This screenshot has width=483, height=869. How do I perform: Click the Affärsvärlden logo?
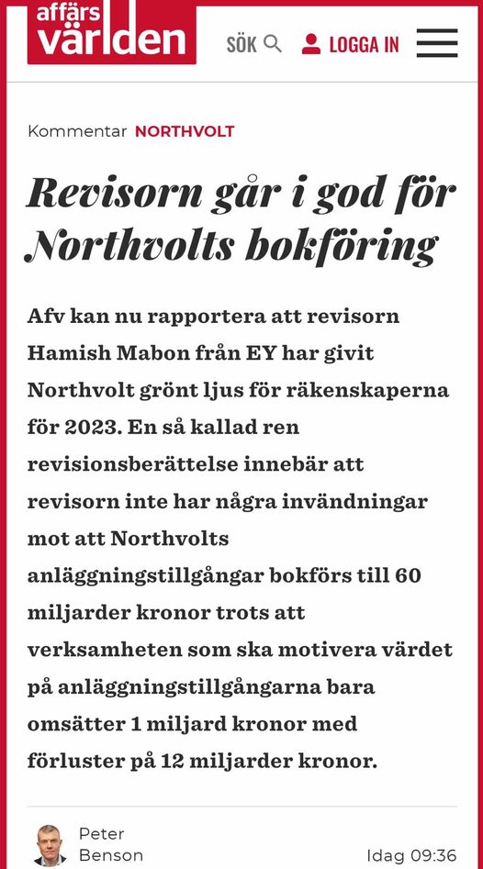pyautogui.click(x=111, y=32)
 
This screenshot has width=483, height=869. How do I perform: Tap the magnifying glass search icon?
pyautogui.click(x=273, y=43)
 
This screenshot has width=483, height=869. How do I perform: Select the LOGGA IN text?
pyautogui.click(x=364, y=44)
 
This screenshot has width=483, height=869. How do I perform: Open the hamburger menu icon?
pyautogui.click(x=437, y=43)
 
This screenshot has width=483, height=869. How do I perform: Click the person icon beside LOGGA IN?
pyautogui.click(x=311, y=43)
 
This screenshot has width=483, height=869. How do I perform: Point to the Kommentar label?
pyautogui.click(x=77, y=131)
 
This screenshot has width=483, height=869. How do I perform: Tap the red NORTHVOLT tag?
pyautogui.click(x=185, y=131)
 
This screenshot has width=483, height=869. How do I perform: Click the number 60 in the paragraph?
pyautogui.click(x=408, y=575)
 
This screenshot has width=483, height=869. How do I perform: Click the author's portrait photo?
pyautogui.click(x=50, y=844)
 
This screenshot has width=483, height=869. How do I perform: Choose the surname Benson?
pyautogui.click(x=110, y=855)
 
